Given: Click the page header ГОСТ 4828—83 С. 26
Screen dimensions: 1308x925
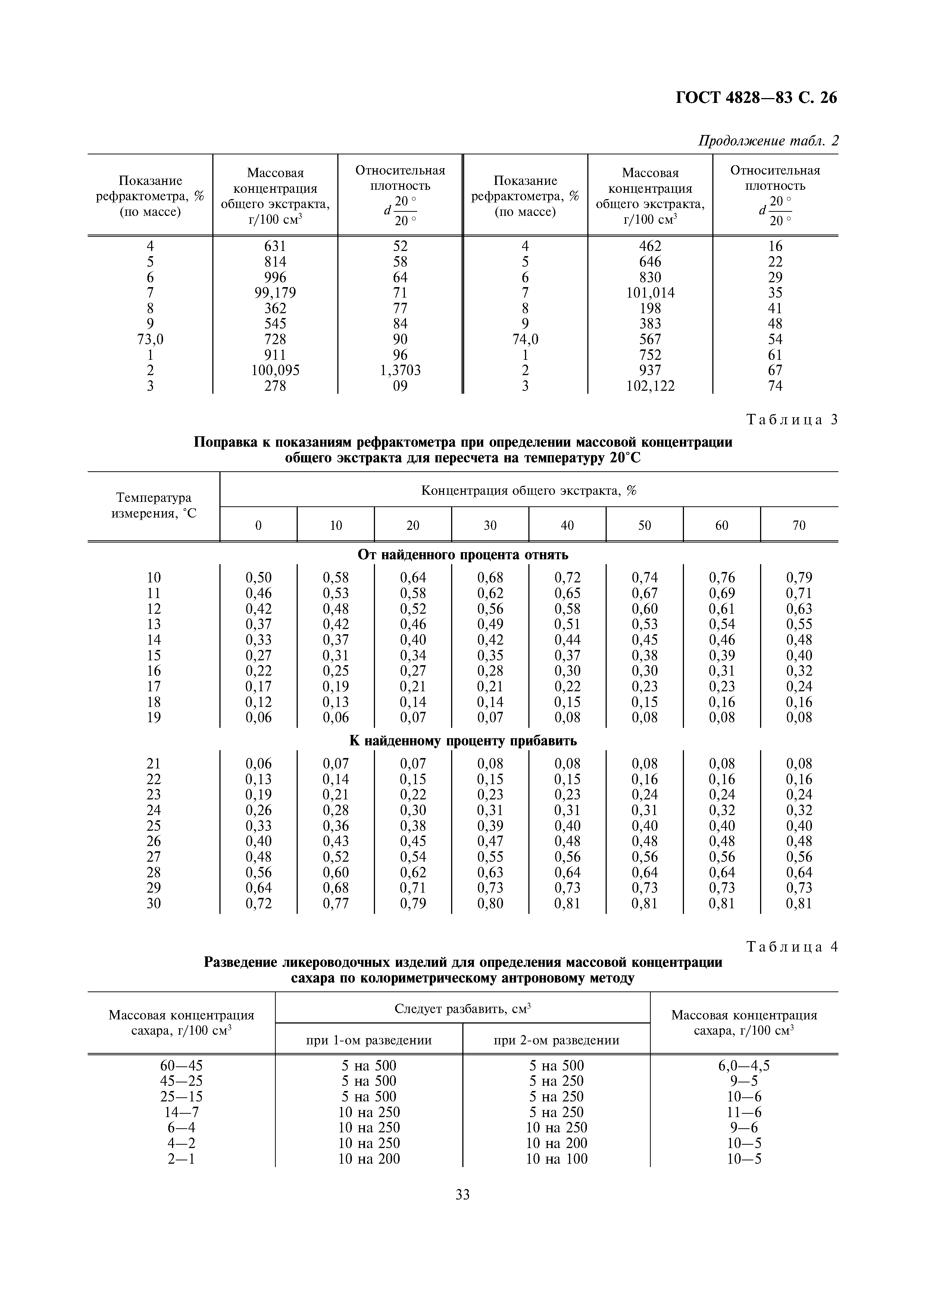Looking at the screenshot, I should [x=756, y=98].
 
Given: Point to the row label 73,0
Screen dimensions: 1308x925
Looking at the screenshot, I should [x=150, y=340].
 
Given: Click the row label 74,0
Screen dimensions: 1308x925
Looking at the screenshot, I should [x=525, y=340].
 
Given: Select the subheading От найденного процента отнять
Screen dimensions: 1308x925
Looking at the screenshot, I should [x=462, y=554].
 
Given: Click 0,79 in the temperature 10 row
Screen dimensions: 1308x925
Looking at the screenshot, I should [x=799, y=578].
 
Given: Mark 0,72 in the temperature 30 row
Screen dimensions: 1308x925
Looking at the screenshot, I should [x=258, y=903].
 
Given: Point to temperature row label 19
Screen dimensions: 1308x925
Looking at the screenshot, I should [x=153, y=717].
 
